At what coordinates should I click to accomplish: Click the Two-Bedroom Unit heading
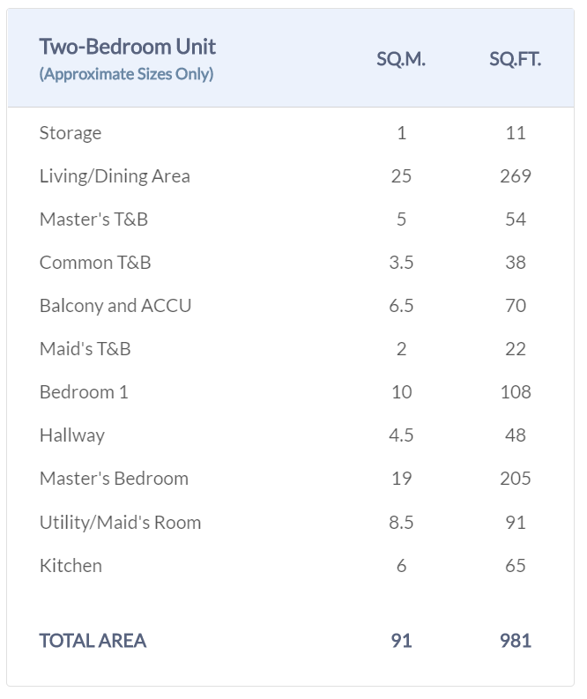(127, 47)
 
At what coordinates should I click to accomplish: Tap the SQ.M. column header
(400, 60)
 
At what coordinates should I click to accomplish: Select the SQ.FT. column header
(515, 60)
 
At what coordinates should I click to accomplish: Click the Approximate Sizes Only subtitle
(126, 74)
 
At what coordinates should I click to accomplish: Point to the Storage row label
(71, 133)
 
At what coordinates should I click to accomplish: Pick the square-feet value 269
(515, 176)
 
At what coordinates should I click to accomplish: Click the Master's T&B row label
(93, 219)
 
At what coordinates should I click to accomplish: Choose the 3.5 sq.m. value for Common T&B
(401, 263)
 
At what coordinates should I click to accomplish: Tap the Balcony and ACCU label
(115, 306)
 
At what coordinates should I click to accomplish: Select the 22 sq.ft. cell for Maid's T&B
(515, 349)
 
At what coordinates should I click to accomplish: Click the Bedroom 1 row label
(84, 392)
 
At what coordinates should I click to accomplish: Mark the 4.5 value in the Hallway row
(401, 435)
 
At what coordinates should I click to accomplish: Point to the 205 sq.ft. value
(515, 479)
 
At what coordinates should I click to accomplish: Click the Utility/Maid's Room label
(120, 522)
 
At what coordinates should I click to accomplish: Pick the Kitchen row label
(71, 566)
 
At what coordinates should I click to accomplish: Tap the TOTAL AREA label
(93, 641)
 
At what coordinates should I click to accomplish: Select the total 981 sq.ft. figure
(515, 641)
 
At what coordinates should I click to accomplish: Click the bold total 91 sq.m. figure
(401, 641)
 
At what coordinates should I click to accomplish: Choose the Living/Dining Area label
(115, 176)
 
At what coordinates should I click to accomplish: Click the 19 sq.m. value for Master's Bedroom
(401, 479)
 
